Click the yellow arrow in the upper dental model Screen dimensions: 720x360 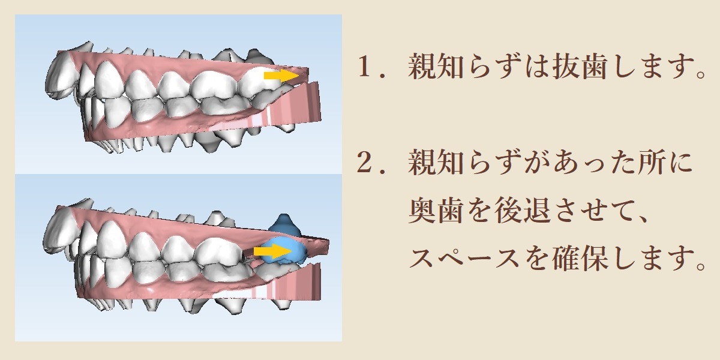281,76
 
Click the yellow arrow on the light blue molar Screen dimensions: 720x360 272,251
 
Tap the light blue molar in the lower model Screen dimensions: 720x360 283,251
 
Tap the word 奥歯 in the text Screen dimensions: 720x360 436,210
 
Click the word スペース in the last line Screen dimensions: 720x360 464,258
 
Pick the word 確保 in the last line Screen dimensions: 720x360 580,258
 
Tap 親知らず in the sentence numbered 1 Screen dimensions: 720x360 462,67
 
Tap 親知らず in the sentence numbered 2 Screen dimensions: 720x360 462,162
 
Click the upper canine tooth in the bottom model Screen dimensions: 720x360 111,239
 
